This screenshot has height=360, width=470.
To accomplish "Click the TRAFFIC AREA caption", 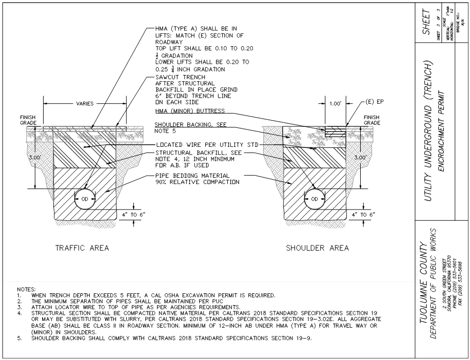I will (x=82, y=248).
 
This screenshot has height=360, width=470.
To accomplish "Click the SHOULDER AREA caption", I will (x=318, y=248).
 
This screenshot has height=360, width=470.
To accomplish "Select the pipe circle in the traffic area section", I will (x=85, y=200).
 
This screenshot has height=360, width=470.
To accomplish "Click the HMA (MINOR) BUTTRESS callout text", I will (x=192, y=112).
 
